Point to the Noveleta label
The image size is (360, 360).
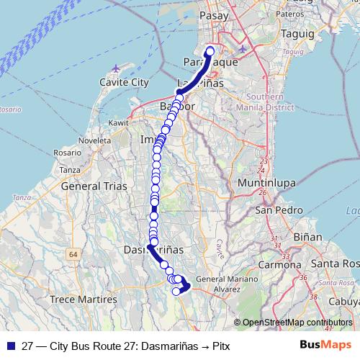click(x=94, y=140)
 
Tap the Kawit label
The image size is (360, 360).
click(x=118, y=124)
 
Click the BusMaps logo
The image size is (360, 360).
click(x=330, y=345)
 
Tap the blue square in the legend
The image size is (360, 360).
click(x=11, y=345)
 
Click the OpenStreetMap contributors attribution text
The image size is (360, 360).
click(x=296, y=323)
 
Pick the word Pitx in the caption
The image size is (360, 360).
click(x=222, y=345)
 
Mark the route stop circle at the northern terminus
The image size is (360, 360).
click(x=210, y=50)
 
